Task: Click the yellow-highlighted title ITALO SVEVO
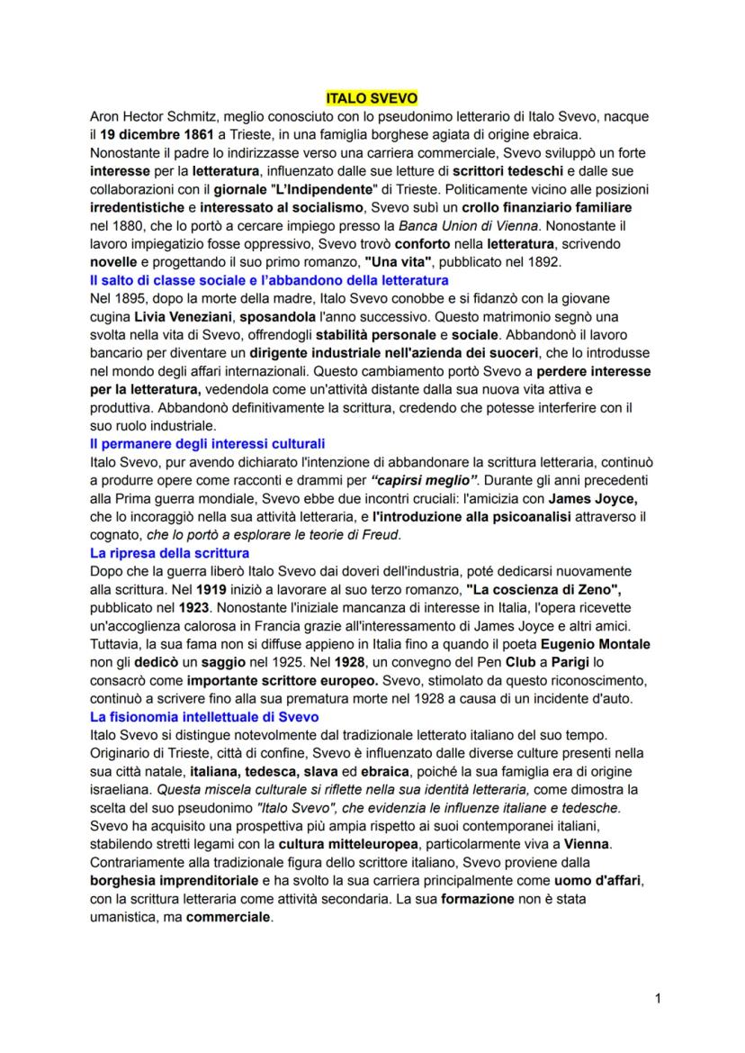pos(372,99)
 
